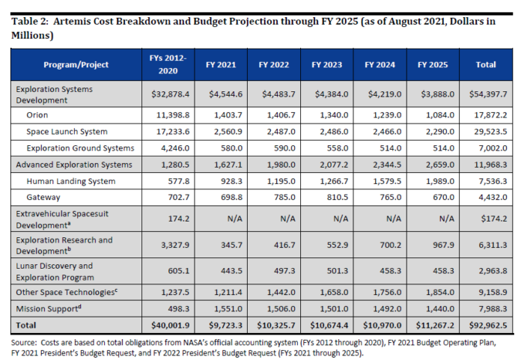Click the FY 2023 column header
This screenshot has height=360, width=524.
pos(326,64)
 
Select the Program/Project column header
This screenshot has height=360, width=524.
pos(76,64)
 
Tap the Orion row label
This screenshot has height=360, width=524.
pos(37,115)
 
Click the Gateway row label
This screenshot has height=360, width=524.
pos(43,198)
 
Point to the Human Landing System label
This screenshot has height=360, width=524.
pos(71,181)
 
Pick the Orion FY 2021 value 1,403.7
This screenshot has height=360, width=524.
pos(228,115)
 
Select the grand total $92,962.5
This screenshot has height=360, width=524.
pos(488,326)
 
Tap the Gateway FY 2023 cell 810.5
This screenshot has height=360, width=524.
pos(337,198)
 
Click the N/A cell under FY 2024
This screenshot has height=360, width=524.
pos(394,219)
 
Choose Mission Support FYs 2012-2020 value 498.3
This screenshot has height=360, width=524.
pos(178,308)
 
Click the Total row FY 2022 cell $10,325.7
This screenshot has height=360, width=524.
pos(276,326)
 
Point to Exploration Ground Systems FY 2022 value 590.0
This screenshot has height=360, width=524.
pos(284,148)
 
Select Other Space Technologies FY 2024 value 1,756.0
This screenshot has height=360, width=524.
pos(387,292)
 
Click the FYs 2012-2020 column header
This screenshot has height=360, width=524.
pos(168,64)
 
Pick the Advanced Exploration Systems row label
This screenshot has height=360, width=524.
pos(74,165)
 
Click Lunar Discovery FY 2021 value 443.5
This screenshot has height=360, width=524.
pos(231,271)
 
